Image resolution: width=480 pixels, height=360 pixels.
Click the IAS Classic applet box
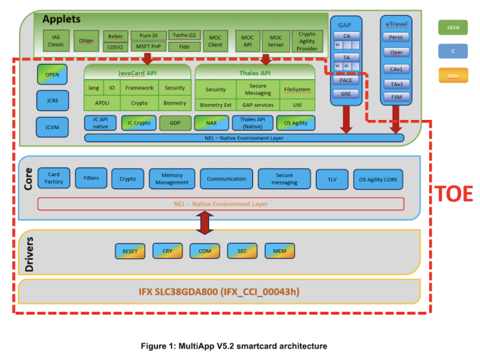55,41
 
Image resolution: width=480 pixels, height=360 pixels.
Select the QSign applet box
86,41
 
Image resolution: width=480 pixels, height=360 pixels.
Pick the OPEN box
52,74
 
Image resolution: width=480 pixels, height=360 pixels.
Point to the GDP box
175,122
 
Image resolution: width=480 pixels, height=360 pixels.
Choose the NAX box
210,122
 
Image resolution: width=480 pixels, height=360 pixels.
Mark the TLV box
331,179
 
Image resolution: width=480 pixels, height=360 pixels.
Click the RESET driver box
129,250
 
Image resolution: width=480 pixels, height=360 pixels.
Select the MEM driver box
279,250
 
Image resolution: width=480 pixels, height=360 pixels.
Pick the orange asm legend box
453,75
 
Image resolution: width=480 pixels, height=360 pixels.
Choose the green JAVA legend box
453,28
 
